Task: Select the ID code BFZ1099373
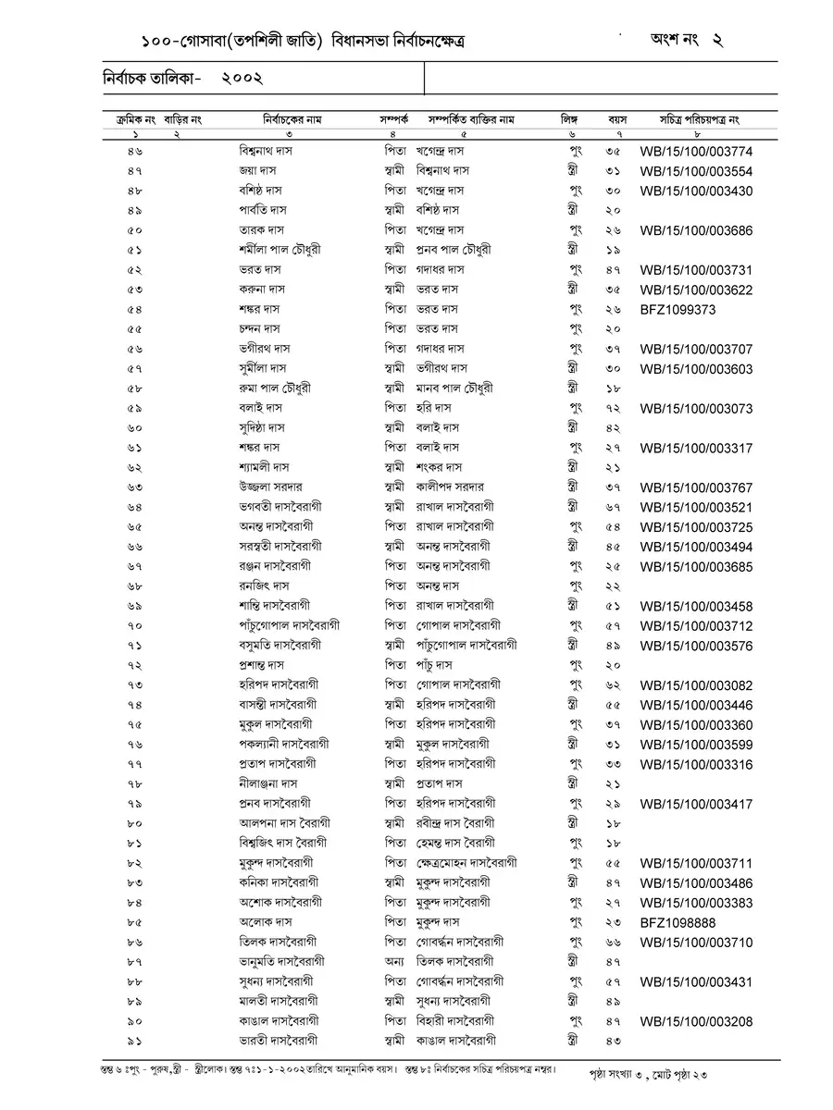point(678,309)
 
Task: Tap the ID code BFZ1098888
point(678,922)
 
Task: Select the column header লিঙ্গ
point(568,120)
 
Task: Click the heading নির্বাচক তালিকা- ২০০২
point(183,80)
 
